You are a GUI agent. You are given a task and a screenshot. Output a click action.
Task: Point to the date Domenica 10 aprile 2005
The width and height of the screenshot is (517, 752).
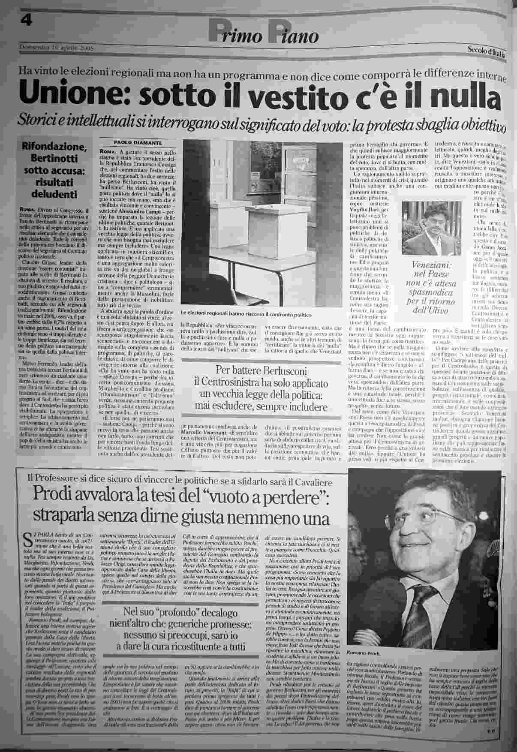pos(56,48)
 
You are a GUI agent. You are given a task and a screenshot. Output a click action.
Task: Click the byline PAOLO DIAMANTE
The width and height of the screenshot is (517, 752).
pos(131,142)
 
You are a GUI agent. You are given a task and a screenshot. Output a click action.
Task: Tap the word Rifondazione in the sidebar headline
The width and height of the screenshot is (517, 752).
pos(53,148)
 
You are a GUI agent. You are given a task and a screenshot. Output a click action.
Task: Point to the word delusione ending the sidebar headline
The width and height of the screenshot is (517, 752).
pos(53,194)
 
